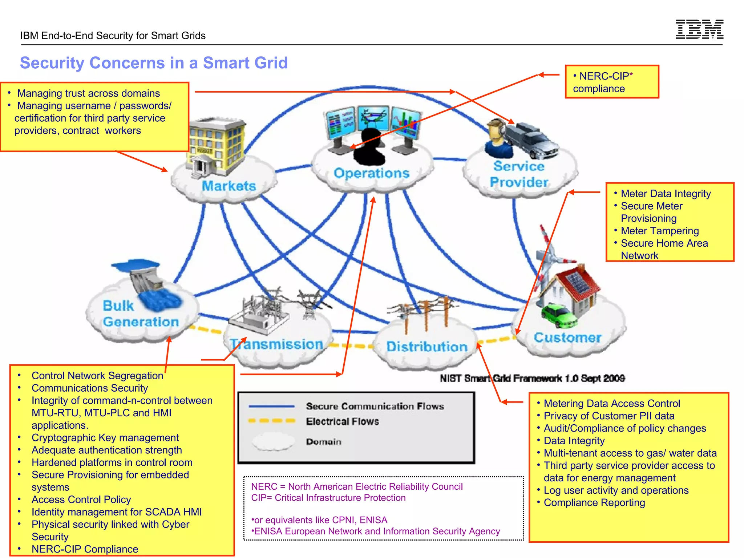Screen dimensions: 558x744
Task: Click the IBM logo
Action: pyautogui.click(x=699, y=29)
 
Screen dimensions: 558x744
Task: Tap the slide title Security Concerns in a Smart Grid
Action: pyautogui.click(x=154, y=63)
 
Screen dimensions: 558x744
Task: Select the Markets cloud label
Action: pyautogui.click(x=229, y=186)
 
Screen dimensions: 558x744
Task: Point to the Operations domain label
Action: pyautogui.click(x=371, y=173)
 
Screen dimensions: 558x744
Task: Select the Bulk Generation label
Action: pyautogui.click(x=140, y=314)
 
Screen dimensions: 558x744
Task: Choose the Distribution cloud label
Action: pyautogui.click(x=426, y=347)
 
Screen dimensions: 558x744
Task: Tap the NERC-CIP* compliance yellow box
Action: pyautogui.click(x=612, y=82)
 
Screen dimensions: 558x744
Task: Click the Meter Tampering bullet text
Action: pyautogui.click(x=659, y=231)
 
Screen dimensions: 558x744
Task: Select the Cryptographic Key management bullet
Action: pyautogui.click(x=105, y=438)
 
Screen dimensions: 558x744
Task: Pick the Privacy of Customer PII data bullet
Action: pyautogui.click(x=609, y=416)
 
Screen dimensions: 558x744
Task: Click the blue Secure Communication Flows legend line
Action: pyautogui.click(x=271, y=406)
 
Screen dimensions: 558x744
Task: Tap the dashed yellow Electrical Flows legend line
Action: pyautogui.click(x=271, y=421)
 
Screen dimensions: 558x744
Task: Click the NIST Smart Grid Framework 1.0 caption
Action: pyautogui.click(x=532, y=379)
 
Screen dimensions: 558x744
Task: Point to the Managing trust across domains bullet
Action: pyautogui.click(x=88, y=93)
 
